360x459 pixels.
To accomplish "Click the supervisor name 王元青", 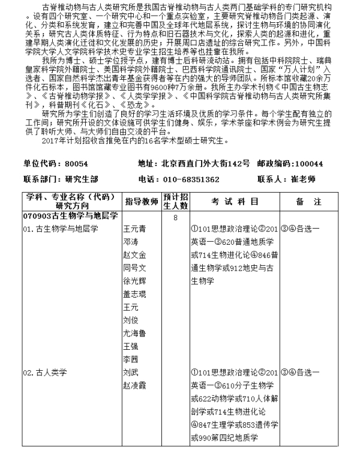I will pos(134,229).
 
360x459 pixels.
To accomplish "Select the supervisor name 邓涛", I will pos(130,242).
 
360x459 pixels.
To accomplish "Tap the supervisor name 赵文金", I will pos(134,254).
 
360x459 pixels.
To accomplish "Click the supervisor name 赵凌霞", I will pos(134,385).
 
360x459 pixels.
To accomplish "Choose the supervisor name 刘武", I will pos(130,372).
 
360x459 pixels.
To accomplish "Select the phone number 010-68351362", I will pos(193,179).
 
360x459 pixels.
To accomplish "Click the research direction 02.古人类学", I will pos(44,372).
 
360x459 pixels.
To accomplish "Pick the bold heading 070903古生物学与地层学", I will pos(70,214).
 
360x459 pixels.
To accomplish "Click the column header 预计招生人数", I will pos(176,201).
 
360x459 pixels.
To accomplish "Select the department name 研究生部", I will pos(82,179).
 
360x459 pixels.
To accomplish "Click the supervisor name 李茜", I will pos(130,359).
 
